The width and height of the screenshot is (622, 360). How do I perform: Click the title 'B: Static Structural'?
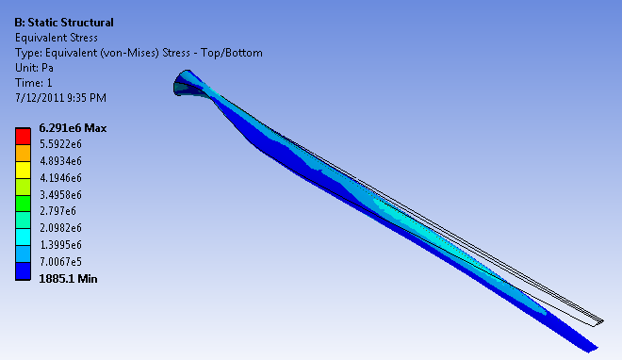pyautogui.click(x=64, y=23)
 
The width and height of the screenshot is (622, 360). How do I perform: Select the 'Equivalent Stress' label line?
pyautogui.click(x=57, y=38)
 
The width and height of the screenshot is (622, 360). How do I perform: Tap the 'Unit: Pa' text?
pyautogui.click(x=34, y=68)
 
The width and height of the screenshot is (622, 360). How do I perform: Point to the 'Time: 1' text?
pyautogui.click(x=34, y=83)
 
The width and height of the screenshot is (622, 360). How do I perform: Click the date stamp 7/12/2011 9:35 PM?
pyautogui.click(x=60, y=98)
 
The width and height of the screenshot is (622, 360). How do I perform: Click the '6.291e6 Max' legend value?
pyautogui.click(x=73, y=128)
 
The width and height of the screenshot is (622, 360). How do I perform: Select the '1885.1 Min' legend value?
pyautogui.click(x=68, y=279)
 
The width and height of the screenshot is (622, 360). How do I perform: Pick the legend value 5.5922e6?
pyautogui.click(x=60, y=144)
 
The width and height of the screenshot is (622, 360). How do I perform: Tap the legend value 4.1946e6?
pyautogui.click(x=60, y=178)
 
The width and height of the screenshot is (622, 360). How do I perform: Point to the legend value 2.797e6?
pyautogui.click(x=57, y=211)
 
